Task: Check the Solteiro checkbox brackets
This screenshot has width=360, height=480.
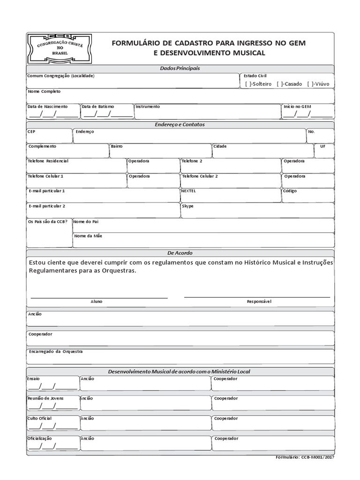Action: tap(248, 84)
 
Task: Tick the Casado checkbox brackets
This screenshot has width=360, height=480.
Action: tap(279, 84)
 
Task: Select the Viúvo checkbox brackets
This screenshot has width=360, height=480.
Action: tap(310, 84)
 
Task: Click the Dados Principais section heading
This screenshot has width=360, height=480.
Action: tap(180, 68)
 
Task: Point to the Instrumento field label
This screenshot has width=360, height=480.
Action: tap(148, 106)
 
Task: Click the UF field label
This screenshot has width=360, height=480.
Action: tap(322, 146)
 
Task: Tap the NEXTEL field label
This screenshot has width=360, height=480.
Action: tap(188, 191)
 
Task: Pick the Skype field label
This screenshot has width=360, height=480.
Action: tap(187, 206)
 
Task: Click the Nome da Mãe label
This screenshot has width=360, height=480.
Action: tap(88, 236)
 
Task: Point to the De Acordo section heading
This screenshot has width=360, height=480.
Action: tap(180, 253)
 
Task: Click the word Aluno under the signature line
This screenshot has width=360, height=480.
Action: tap(97, 301)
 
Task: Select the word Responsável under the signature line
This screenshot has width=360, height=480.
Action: tap(259, 301)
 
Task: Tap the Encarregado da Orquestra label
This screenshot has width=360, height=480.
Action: tap(55, 351)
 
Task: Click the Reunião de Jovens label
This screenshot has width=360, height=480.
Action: tap(46, 398)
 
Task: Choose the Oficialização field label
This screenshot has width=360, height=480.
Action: tap(40, 438)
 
